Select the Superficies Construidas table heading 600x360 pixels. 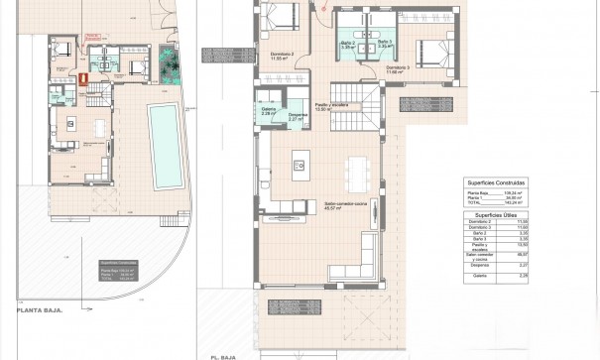(500, 181)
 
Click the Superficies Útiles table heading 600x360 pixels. (500, 213)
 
